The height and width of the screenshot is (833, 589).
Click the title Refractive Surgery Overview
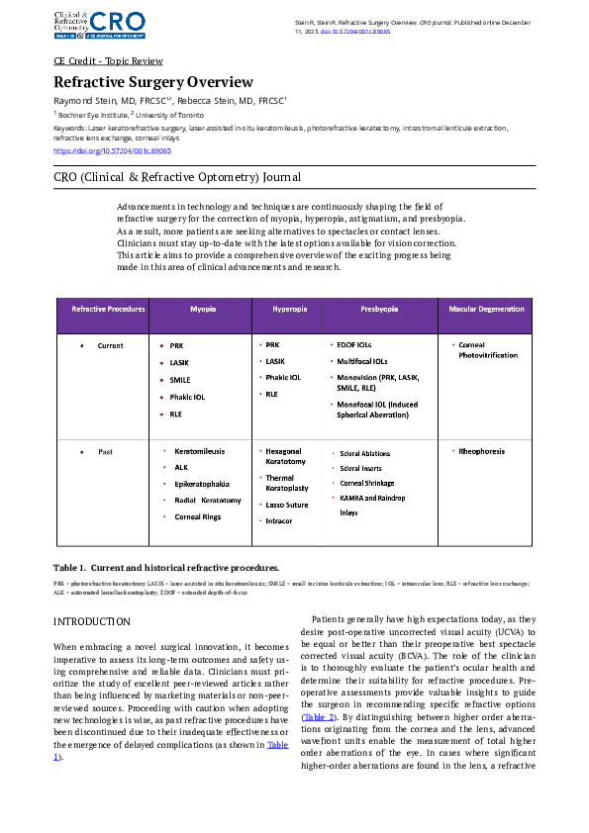(153, 82)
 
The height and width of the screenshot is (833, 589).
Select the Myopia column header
(203, 309)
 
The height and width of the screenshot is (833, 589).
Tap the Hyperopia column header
(289, 309)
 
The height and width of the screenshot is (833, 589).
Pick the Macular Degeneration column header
(486, 309)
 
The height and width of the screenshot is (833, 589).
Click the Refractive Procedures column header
(108, 309)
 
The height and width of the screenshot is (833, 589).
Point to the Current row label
(110, 346)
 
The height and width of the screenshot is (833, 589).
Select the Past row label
(104, 451)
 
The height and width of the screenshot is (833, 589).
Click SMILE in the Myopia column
(180, 379)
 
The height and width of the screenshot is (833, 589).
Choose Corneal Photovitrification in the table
(479, 350)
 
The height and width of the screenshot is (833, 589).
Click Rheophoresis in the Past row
(481, 451)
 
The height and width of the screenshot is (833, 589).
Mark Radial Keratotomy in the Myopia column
(207, 501)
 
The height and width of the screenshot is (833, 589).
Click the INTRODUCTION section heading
(91, 621)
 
